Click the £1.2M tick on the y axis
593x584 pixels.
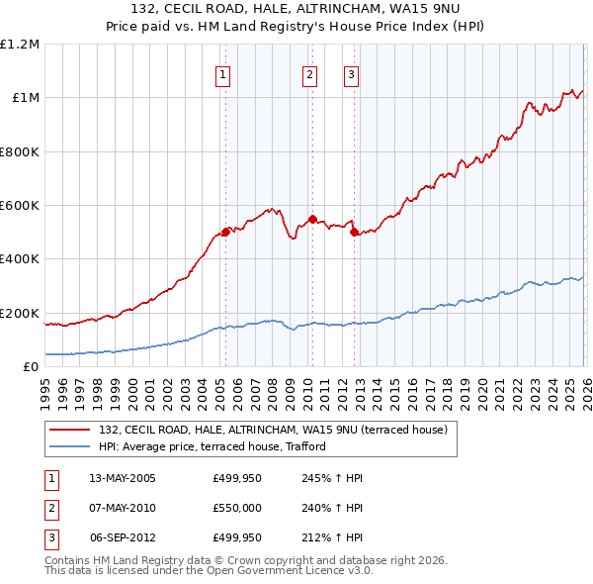point(20,45)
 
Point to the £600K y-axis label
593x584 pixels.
point(20,206)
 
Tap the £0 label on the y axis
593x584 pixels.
point(32,367)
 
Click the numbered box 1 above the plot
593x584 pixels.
point(222,74)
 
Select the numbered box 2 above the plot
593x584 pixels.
point(309,74)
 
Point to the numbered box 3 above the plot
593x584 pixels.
point(351,74)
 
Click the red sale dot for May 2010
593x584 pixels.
point(312,219)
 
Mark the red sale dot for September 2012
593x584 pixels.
point(354,233)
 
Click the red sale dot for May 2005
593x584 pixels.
point(225,232)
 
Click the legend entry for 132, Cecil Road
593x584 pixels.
point(273,430)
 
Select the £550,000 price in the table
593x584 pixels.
point(236,508)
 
